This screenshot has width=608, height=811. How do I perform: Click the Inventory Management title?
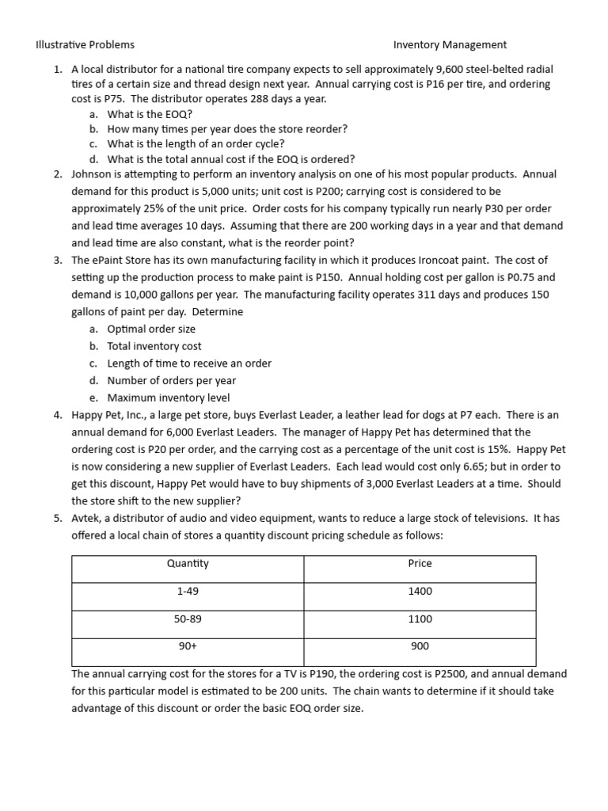click(450, 45)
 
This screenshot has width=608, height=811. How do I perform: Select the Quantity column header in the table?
click(188, 563)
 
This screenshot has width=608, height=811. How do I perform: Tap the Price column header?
click(420, 563)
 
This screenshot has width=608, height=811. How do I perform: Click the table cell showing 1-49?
click(188, 591)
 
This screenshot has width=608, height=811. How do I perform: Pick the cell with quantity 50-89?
click(188, 619)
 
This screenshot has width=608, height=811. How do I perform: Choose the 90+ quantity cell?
click(188, 646)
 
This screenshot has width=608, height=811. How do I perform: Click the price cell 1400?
click(420, 591)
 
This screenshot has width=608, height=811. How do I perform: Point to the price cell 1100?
click(420, 619)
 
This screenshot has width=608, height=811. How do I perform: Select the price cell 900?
click(420, 646)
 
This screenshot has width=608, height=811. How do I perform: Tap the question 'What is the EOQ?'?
click(150, 114)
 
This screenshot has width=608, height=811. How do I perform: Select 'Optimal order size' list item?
click(151, 329)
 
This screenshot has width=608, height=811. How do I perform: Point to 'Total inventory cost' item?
click(154, 346)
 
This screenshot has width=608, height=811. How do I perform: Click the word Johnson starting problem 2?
click(93, 174)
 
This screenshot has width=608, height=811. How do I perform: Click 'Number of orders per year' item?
click(172, 380)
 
